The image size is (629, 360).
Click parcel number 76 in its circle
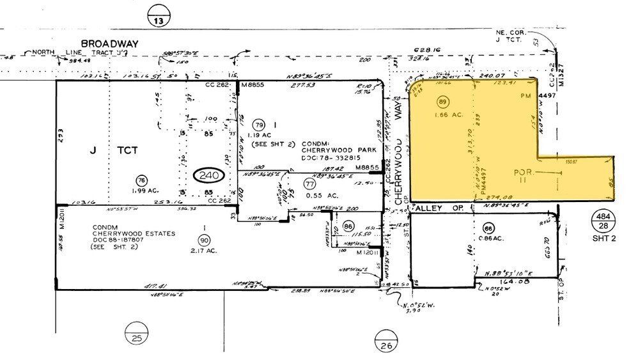[141, 181]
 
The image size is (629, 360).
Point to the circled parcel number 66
[489, 229]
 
